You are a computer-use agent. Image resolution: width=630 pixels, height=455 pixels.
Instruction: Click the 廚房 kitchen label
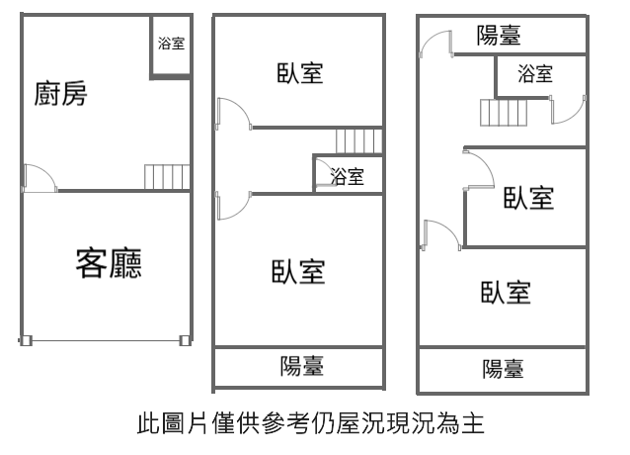pos(60,95)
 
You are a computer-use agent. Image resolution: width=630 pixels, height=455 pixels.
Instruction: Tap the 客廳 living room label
pos(109,263)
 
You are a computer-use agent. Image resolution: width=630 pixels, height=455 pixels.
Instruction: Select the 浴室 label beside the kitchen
pos(170,44)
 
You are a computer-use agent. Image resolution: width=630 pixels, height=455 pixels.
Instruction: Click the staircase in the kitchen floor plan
pos(163,177)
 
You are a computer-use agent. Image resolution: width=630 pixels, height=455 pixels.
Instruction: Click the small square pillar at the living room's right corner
pos(185,341)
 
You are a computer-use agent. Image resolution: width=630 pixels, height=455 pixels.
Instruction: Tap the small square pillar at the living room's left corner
pos(27,341)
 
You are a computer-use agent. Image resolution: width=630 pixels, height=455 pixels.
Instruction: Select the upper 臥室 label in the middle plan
pos(300,73)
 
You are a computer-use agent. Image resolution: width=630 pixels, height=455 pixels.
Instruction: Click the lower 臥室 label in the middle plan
pos(299,270)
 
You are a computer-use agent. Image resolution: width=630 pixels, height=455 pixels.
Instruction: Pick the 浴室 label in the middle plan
pos(347,177)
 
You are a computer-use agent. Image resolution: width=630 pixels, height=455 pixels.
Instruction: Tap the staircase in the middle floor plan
pos(357,140)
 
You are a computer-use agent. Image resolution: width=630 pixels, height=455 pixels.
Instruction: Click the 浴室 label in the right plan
pos(534,72)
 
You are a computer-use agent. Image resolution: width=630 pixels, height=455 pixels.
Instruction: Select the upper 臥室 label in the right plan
pos(528,197)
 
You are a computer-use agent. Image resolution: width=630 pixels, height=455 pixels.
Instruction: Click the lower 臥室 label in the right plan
pos(506,293)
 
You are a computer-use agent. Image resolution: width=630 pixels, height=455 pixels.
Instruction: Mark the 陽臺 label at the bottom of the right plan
pos(503,369)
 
